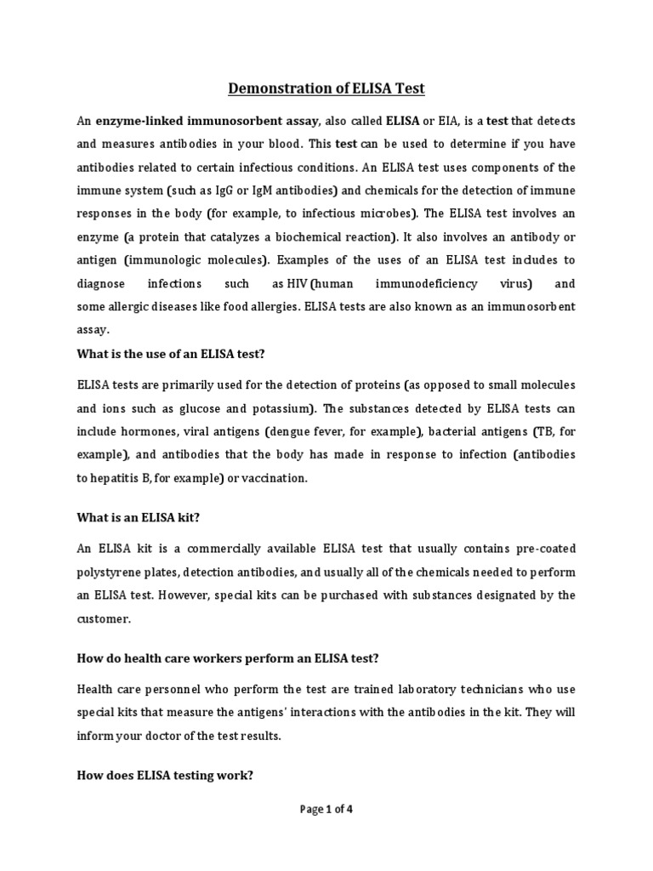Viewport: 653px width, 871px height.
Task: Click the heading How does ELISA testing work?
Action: (x=165, y=776)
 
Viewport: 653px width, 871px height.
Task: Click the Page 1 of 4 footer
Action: (x=326, y=809)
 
